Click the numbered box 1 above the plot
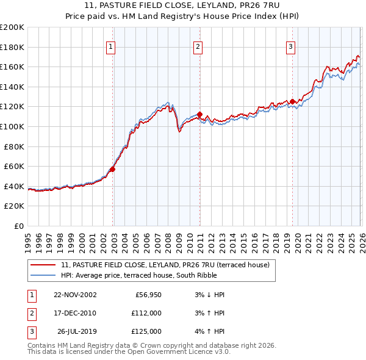110,46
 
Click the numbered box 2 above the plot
198,46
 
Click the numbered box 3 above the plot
291,46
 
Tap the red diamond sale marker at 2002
113,169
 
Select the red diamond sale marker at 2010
199,114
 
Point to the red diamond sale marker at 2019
292,101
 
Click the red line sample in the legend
43,265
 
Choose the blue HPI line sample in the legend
43,275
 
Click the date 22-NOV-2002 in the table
75,295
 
